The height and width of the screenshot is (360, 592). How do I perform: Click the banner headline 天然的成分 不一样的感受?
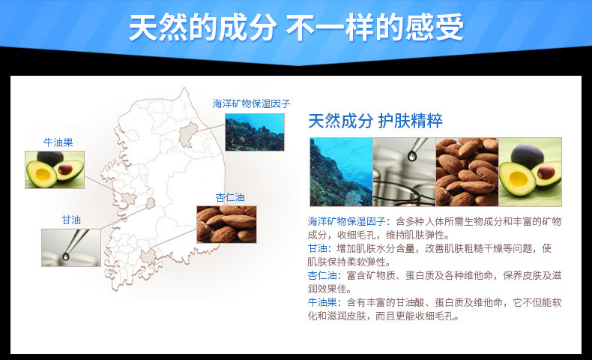(x=296, y=27)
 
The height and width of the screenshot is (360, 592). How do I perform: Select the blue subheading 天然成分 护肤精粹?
(x=375, y=121)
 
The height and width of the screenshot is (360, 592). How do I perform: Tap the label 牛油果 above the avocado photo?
(x=58, y=142)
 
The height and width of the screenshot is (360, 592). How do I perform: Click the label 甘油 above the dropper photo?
(x=71, y=220)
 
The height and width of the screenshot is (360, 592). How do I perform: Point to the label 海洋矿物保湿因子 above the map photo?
(x=251, y=103)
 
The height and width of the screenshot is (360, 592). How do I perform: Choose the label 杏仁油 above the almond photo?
(x=230, y=197)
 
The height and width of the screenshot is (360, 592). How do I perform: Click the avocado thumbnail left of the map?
(x=55, y=169)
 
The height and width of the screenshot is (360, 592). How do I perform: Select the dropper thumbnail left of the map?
(x=71, y=247)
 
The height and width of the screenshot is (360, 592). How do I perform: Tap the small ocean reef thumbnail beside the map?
(x=255, y=132)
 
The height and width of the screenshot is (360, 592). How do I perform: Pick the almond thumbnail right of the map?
(x=226, y=224)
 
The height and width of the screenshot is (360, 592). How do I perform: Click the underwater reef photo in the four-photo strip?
(x=341, y=172)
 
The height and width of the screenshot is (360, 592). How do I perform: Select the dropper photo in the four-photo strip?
(x=405, y=172)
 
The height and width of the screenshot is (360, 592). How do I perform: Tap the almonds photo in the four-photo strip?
(x=468, y=172)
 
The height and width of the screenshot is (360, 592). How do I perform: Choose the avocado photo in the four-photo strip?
(x=530, y=172)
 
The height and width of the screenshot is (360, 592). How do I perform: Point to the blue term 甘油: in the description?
(x=320, y=248)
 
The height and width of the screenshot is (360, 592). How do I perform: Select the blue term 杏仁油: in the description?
(x=324, y=275)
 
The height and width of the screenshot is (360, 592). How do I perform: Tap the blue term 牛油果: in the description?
(x=324, y=302)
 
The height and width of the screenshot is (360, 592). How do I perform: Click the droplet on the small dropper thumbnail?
(x=67, y=256)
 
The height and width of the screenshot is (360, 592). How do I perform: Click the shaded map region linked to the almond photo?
(x=149, y=256)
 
